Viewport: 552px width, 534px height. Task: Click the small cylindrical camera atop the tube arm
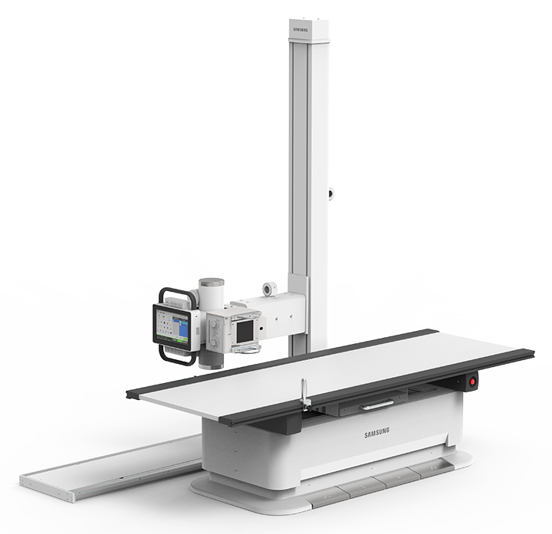pos(268,289)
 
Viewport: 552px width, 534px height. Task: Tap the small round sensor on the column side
pos(330,194)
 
